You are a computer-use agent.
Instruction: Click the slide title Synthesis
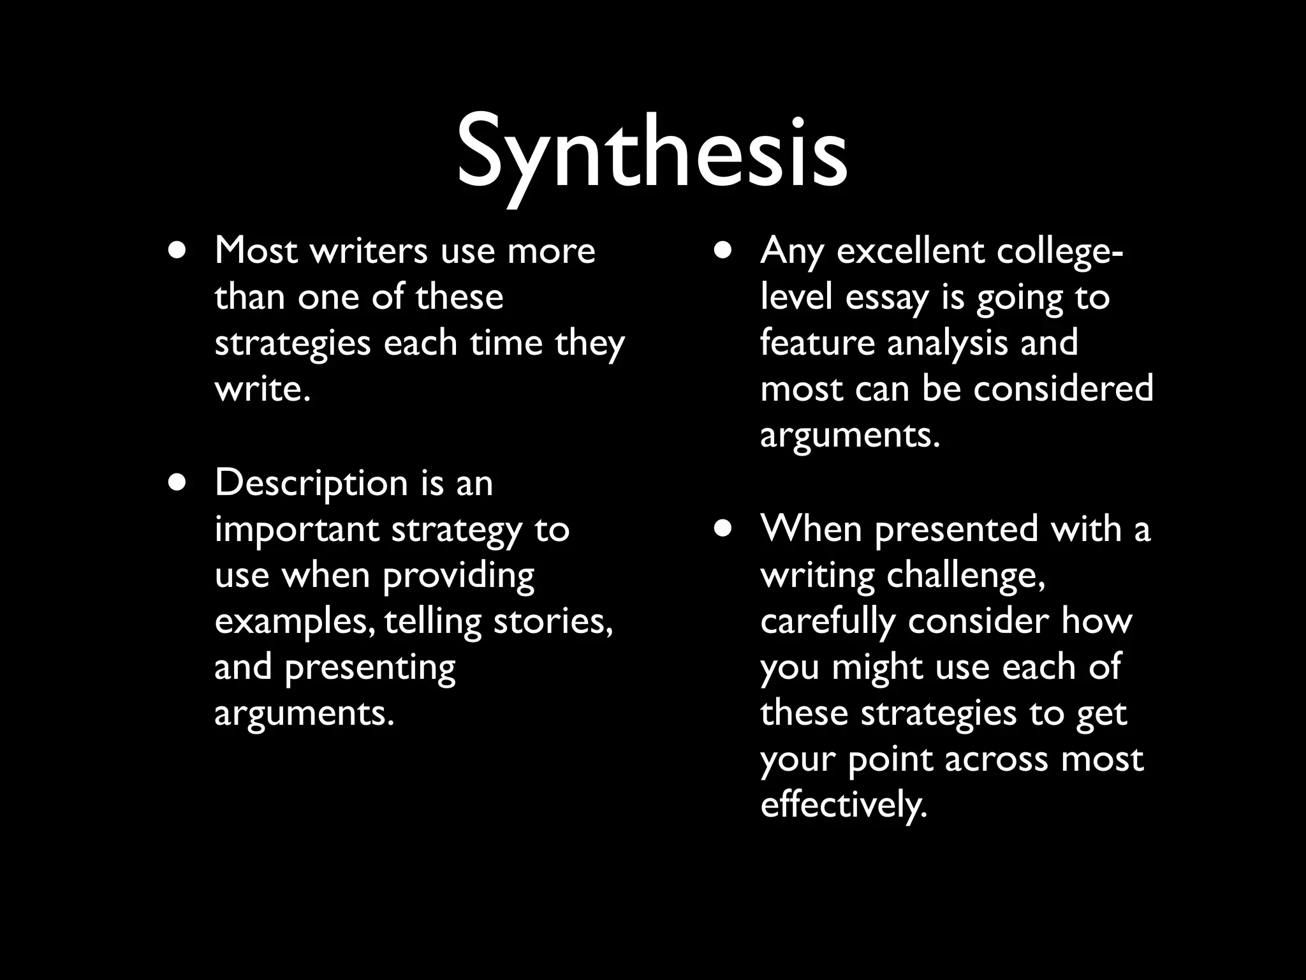coord(652,153)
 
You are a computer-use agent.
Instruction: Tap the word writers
coord(369,250)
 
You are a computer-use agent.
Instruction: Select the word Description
coord(311,484)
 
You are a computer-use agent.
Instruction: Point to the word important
coord(297,530)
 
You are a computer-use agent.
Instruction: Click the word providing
coord(458,576)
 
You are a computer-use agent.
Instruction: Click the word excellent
coord(911,250)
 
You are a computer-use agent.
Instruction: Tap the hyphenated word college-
coord(1060,251)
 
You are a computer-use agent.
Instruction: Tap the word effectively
coord(843,805)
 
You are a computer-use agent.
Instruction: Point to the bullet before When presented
coord(723,529)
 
